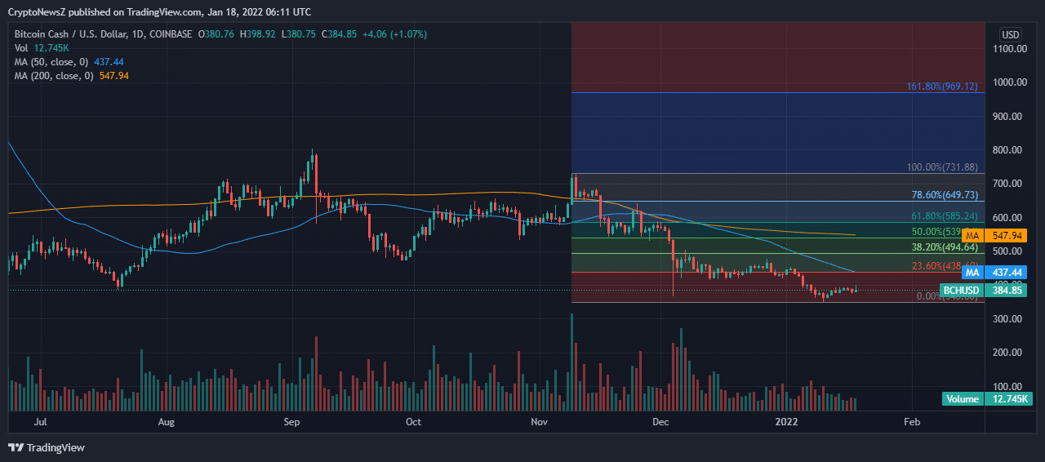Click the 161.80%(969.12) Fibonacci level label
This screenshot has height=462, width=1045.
click(x=942, y=86)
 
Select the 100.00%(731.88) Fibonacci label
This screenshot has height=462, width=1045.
click(x=942, y=167)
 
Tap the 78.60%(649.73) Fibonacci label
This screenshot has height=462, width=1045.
click(x=944, y=196)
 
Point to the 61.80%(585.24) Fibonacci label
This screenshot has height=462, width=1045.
click(x=944, y=217)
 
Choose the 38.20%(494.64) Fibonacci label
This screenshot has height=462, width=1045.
click(x=944, y=247)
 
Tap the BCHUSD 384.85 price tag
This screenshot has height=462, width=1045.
click(x=983, y=290)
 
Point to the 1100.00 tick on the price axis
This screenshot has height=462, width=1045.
click(x=1010, y=49)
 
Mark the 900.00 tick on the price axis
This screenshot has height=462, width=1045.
click(x=1010, y=116)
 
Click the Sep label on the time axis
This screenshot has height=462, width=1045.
click(x=292, y=422)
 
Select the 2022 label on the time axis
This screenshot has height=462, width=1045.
click(x=786, y=422)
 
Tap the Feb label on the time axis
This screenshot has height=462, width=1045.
click(x=912, y=422)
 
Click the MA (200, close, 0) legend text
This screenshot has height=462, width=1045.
click(x=51, y=76)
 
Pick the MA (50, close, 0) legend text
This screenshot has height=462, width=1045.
click(x=49, y=62)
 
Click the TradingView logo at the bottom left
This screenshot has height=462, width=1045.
click(x=47, y=447)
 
